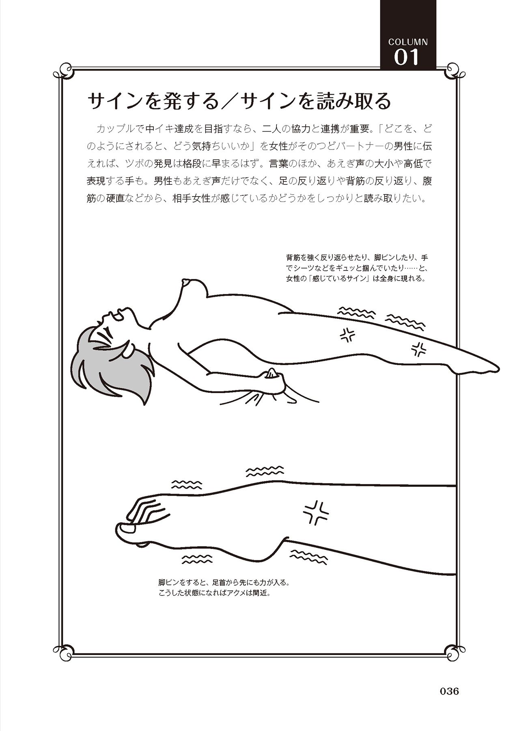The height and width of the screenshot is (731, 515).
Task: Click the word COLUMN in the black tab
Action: click(408, 42)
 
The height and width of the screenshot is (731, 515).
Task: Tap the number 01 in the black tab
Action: click(406, 57)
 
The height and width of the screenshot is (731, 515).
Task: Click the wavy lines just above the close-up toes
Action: click(187, 484)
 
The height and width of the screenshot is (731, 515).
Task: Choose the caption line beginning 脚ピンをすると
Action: click(224, 582)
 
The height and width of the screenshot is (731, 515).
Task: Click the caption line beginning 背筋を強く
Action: click(357, 257)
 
